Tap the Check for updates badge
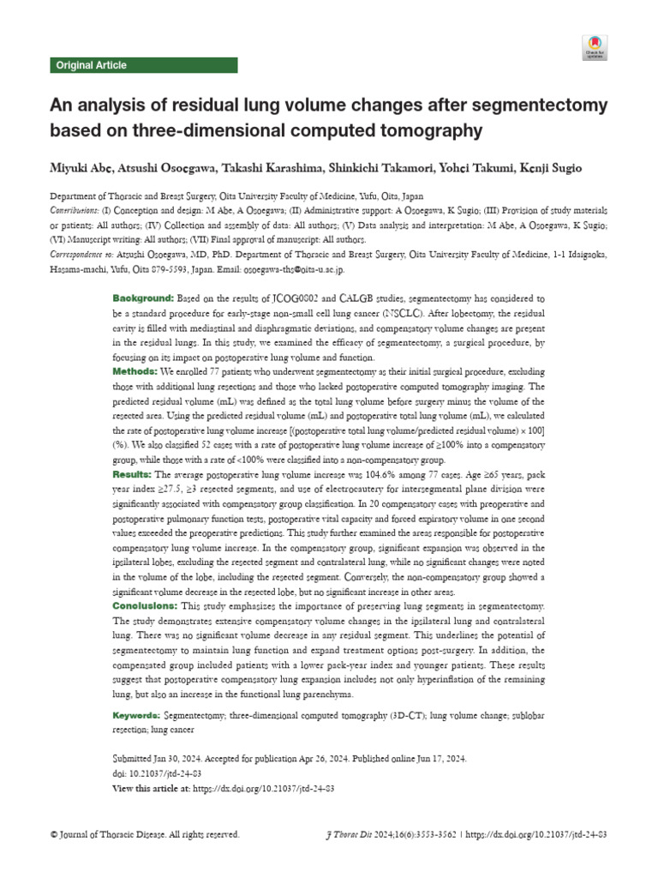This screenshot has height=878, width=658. click(595, 47)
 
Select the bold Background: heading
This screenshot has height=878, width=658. click(143, 298)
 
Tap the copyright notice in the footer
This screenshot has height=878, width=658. click(145, 834)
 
